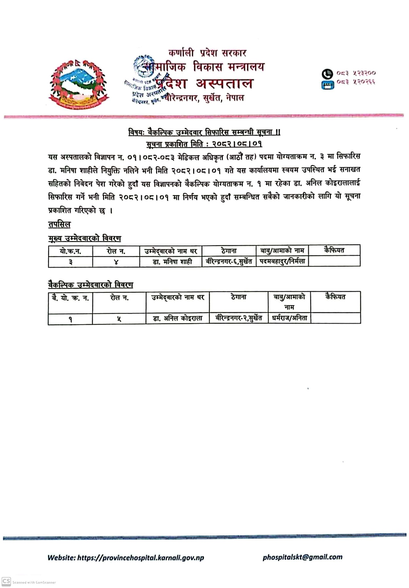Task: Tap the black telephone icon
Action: (x=327, y=73)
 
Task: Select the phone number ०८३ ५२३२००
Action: (x=356, y=73)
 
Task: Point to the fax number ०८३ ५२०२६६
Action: (x=356, y=82)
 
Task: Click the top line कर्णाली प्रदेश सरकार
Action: (x=207, y=53)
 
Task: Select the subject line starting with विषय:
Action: (x=204, y=132)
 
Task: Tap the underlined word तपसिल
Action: (x=59, y=224)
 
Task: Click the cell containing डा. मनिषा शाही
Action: (x=172, y=262)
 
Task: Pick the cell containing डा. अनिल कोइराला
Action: (x=177, y=318)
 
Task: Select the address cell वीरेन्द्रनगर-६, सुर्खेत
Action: (x=229, y=261)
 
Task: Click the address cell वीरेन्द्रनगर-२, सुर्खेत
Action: (x=238, y=318)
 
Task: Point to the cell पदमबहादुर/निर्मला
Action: (x=282, y=261)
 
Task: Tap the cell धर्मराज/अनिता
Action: (x=289, y=318)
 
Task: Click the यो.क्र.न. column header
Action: (x=71, y=251)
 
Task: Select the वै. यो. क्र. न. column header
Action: (x=70, y=298)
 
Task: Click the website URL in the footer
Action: (x=126, y=558)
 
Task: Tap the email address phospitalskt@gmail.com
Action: (x=303, y=557)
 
